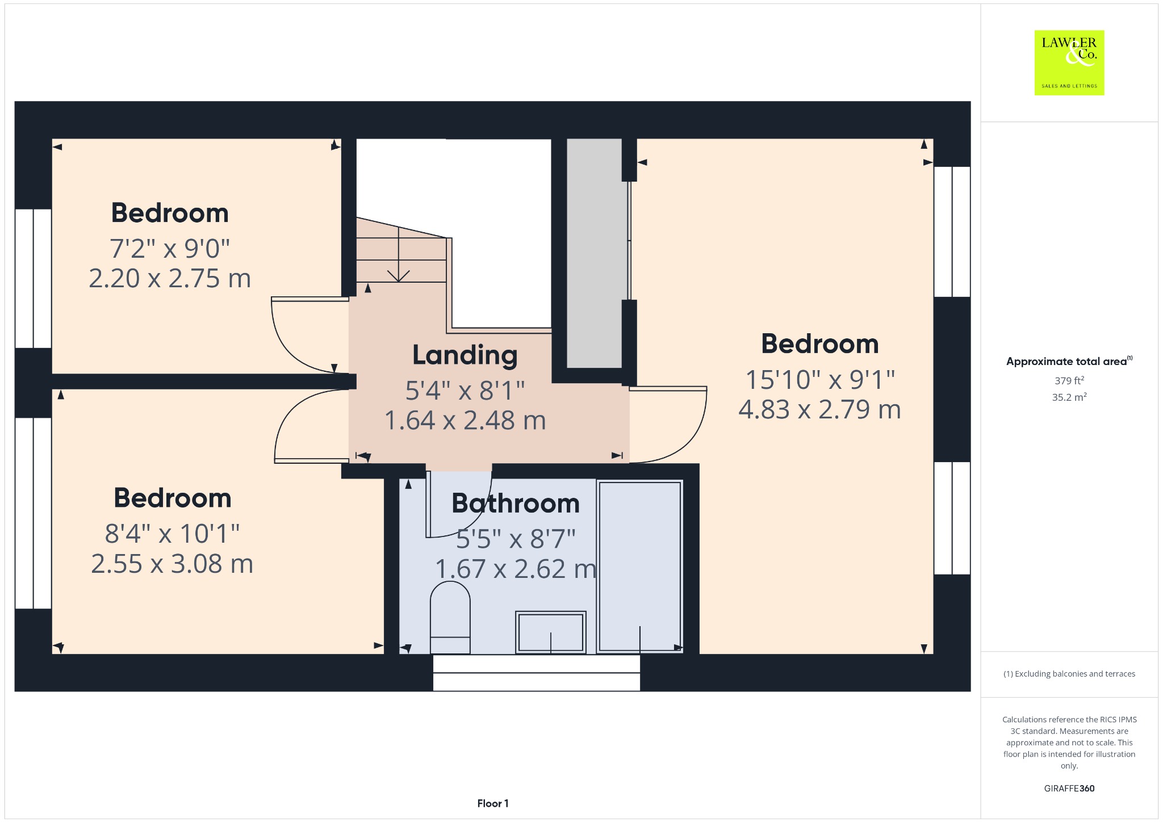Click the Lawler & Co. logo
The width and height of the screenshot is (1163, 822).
[x=1069, y=62]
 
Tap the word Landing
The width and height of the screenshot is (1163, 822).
[x=465, y=356]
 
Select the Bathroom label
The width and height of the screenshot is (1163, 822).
[x=516, y=504]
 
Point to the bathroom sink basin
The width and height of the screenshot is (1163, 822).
[x=550, y=632]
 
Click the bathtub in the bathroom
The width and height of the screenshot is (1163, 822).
[x=639, y=567]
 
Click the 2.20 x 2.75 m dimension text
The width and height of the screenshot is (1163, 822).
[x=170, y=278]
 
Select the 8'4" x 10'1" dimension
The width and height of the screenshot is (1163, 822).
[x=172, y=534]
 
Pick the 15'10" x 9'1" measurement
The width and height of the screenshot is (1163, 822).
[x=820, y=380]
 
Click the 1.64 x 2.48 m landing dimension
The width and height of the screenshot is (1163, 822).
[x=465, y=421]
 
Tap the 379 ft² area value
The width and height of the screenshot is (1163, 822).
[x=1069, y=380]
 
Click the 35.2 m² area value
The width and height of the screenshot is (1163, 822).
[x=1069, y=397]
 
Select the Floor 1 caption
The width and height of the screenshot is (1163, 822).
[x=493, y=803]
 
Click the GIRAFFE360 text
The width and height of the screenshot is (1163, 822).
[x=1069, y=788]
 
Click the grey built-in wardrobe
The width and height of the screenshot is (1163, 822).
[x=594, y=253]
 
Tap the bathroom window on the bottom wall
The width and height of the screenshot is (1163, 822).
[x=537, y=673]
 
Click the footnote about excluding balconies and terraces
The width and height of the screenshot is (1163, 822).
[x=1069, y=674]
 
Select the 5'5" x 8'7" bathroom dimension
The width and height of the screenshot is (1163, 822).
[x=516, y=539]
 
